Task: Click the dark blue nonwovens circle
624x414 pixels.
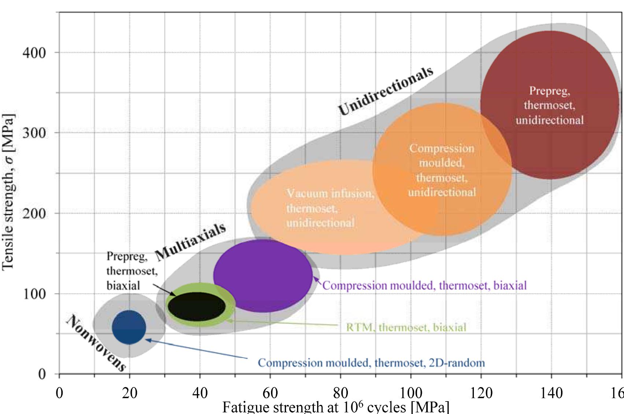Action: point(129,327)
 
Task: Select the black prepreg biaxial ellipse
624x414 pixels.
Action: point(197,306)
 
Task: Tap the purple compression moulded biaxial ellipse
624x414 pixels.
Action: point(263,276)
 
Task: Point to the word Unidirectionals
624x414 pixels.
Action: point(385,91)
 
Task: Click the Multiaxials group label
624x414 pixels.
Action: point(190,243)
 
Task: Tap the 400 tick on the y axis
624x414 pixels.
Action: point(34,53)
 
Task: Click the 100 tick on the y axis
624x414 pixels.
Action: point(34,294)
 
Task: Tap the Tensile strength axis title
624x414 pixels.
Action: point(8,192)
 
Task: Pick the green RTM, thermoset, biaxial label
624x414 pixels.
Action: point(406,327)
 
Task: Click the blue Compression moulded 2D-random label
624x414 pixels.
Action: point(371,363)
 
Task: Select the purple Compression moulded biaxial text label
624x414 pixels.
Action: point(424,285)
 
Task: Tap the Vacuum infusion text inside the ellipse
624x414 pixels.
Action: point(330,208)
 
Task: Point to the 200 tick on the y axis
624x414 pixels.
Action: point(34,213)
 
